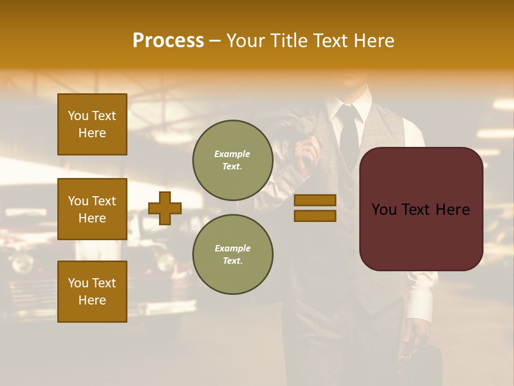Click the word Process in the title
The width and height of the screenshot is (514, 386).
click(x=168, y=41)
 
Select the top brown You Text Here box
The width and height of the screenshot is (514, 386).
click(x=92, y=124)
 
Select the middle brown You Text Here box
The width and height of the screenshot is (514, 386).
click(x=92, y=209)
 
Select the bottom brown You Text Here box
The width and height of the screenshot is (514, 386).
click(x=92, y=291)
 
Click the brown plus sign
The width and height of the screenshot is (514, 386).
click(x=165, y=208)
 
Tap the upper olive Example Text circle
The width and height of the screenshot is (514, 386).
click(x=233, y=160)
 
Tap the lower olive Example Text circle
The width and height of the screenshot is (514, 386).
click(x=233, y=254)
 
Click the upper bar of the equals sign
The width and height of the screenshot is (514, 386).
click(x=315, y=200)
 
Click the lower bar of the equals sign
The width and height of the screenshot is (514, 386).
click(x=315, y=216)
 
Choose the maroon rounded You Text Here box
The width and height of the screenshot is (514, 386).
click(x=421, y=209)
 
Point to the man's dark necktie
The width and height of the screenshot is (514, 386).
click(x=349, y=134)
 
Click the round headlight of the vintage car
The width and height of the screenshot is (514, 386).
click(x=22, y=263)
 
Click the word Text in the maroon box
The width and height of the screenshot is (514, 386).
click(x=421, y=209)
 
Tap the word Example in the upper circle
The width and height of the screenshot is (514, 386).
click(x=232, y=154)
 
